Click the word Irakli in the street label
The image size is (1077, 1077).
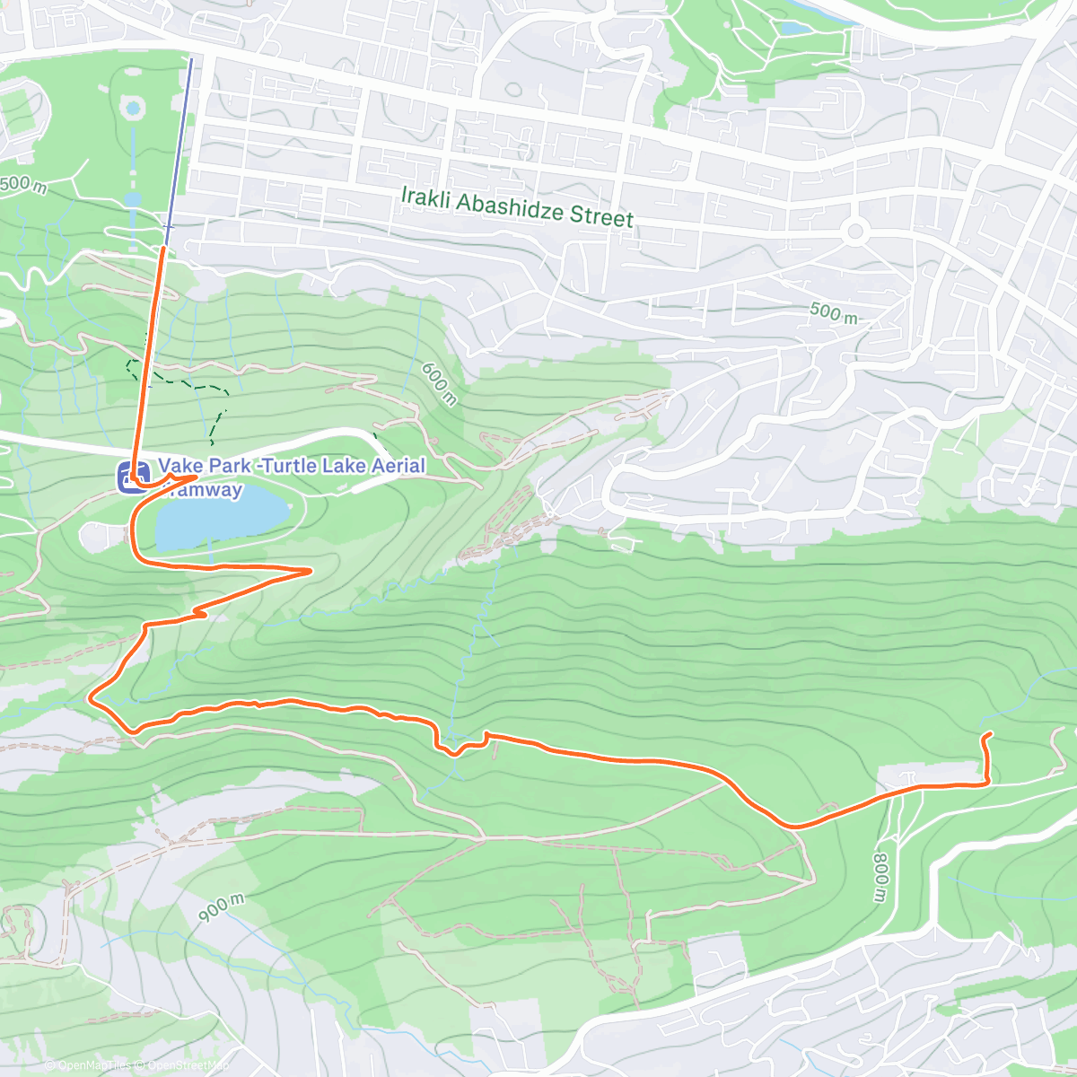pos(425,197)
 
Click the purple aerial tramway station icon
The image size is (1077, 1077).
pos(132,477)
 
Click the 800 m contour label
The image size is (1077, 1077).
pos(880,877)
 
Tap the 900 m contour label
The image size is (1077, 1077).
pos(221,907)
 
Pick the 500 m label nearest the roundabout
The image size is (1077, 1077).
pos(833,312)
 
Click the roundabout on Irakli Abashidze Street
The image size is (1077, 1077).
pos(855,232)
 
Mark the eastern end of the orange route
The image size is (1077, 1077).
pos(989,735)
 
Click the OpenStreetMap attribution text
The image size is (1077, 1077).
pos(188,1065)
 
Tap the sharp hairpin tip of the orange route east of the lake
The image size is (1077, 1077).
pos(311,570)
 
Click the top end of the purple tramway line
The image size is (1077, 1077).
pos(191,59)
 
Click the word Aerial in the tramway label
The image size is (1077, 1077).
pos(395,465)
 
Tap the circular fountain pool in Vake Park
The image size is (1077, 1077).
pos(134,109)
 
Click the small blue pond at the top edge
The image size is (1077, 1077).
pos(793,28)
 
